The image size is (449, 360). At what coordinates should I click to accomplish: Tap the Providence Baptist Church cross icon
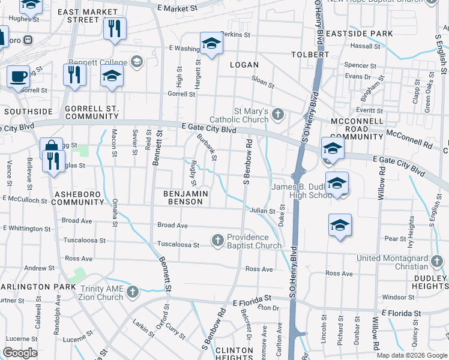[218, 241]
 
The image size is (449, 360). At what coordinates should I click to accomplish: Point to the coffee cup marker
[18, 77]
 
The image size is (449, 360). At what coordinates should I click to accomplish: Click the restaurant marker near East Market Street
[115, 28]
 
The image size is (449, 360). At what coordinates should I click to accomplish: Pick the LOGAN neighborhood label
[244, 65]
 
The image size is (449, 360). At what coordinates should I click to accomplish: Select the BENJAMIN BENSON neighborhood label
[186, 198]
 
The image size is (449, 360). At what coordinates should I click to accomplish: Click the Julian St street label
[263, 211]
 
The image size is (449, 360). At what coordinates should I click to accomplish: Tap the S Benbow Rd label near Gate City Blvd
[246, 163]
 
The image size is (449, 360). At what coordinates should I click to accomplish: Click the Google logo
[20, 353]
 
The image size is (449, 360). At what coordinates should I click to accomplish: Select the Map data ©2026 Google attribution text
[412, 355]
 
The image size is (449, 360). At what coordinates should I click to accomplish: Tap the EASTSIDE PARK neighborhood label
[368, 34]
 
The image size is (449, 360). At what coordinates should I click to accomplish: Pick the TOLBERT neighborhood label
[310, 54]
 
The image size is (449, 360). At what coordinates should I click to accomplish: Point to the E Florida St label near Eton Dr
[252, 298]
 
